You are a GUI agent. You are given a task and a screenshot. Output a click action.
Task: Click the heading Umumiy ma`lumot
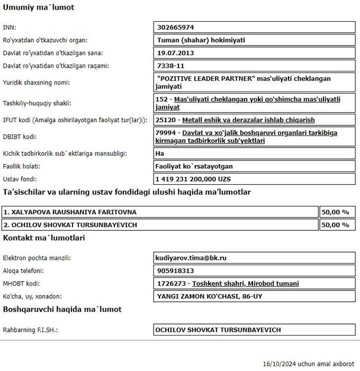click(39, 7)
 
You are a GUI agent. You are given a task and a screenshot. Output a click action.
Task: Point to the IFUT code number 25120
click(166, 120)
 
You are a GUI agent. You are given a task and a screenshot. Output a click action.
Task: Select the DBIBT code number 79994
click(166, 133)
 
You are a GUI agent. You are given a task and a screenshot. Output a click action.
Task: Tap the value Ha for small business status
click(161, 153)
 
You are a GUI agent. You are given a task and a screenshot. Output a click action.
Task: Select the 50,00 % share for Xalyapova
click(335, 212)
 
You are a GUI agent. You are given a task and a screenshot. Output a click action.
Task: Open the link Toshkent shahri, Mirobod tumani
click(245, 283)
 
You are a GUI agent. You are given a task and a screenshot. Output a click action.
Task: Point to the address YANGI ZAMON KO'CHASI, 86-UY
click(209, 296)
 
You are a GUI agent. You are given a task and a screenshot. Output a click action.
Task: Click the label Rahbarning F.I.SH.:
click(30, 330)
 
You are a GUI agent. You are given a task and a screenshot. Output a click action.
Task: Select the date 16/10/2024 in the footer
click(280, 364)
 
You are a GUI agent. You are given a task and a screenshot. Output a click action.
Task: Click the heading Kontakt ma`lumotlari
click(44, 238)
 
